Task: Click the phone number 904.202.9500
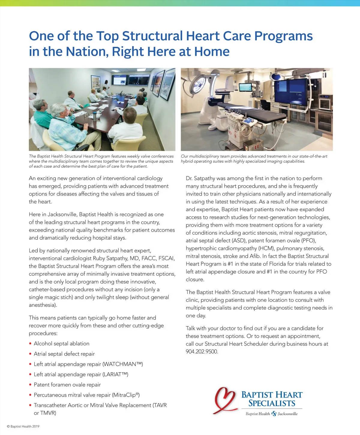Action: click(x=202, y=352)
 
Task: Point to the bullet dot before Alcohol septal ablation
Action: click(x=30, y=344)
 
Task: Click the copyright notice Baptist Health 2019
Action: click(x=23, y=426)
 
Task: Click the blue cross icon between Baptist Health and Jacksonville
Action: click(x=274, y=414)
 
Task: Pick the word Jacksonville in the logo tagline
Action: click(x=288, y=414)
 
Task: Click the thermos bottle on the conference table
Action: click(x=95, y=116)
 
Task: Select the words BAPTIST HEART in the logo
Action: click(x=272, y=395)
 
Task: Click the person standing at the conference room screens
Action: click(x=106, y=85)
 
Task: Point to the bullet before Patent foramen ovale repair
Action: click(x=30, y=385)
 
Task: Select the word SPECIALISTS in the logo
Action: click(x=272, y=403)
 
